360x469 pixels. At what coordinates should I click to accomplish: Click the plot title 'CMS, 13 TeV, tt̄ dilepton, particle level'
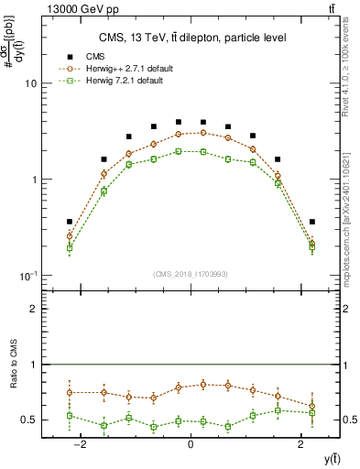191,38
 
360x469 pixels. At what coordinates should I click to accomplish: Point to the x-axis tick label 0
191,443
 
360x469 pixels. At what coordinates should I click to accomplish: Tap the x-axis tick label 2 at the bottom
301,443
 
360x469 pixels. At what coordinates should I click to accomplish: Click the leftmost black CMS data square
70,222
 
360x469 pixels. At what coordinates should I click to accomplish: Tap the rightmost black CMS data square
312,222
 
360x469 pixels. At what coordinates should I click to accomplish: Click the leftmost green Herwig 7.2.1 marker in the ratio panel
70,416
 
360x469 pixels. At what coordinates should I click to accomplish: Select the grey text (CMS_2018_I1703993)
191,273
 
